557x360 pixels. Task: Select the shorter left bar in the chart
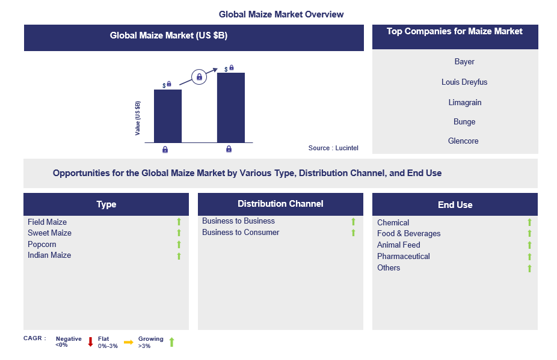pos(167,115)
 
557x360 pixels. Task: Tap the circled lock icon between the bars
pos(199,77)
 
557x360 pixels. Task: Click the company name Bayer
pos(464,62)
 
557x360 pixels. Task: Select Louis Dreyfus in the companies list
pos(464,82)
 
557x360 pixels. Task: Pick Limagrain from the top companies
pos(464,103)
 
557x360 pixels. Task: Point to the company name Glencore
pos(464,141)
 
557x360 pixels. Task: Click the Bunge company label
pos(464,122)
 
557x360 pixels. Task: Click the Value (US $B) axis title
pos(138,118)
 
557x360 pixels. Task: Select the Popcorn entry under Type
pos(42,245)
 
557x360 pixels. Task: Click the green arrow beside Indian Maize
pos(179,256)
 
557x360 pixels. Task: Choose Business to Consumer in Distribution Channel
pos(241,233)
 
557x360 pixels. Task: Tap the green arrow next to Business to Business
pos(353,222)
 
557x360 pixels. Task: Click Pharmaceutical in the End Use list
pos(403,257)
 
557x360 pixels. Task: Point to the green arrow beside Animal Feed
pos(529,245)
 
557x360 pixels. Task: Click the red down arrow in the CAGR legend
pos(90,342)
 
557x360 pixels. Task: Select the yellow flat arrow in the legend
pos(128,342)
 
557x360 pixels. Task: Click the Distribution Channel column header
pos(280,204)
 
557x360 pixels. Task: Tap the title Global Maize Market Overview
pos(281,14)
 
